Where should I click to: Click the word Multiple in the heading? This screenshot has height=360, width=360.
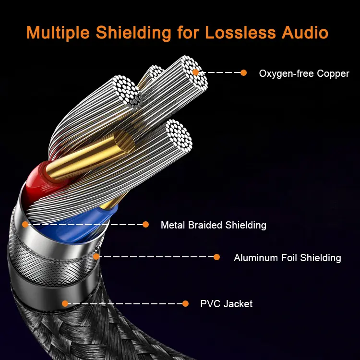[58, 33]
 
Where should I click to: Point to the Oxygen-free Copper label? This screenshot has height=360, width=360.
[304, 74]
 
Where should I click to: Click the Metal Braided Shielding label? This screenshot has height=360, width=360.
[213, 225]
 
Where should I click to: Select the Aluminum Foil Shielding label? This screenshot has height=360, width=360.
[287, 258]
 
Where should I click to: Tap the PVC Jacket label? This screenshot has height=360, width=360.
[226, 304]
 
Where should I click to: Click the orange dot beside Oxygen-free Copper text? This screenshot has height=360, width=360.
[243, 73]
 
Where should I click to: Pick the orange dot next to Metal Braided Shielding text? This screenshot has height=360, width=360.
[146, 224]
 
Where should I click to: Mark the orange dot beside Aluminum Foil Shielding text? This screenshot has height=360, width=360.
[216, 257]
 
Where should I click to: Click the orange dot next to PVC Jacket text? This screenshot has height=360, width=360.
[186, 303]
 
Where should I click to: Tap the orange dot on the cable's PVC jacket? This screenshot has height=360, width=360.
[65, 303]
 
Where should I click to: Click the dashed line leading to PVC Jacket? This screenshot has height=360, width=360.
[125, 303]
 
